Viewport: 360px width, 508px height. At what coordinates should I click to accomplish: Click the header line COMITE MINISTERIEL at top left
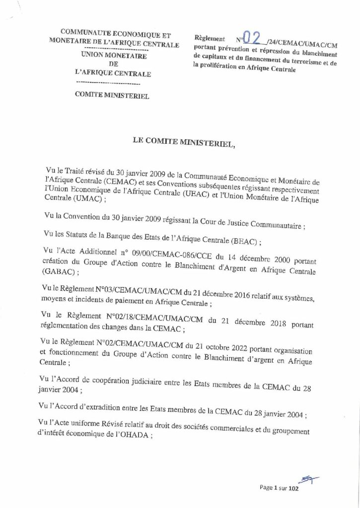112,96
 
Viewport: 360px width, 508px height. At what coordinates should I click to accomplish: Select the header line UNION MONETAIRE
113,56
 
